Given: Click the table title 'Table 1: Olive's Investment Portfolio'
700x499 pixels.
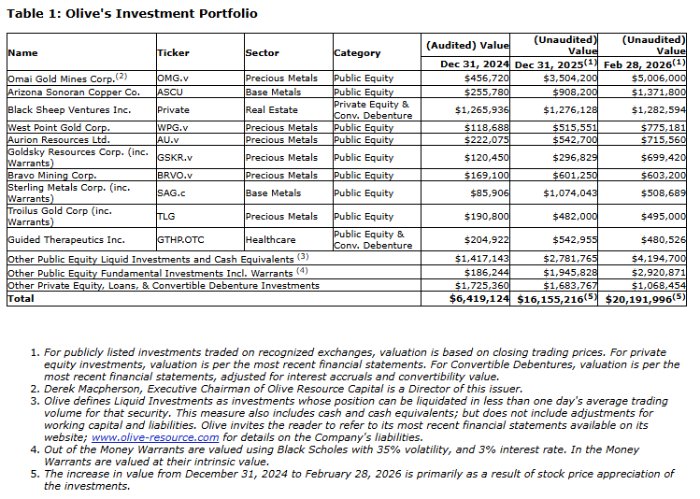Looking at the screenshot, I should pos(132,14).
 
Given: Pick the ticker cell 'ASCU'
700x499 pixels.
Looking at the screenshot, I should pos(169,93).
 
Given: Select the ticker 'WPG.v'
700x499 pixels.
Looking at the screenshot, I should pos(172,127).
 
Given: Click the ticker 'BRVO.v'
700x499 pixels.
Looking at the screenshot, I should pos(175,175).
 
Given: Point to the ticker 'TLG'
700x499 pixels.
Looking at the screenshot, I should pos(165,216).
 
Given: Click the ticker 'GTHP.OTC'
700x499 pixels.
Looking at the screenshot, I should pos(181,239).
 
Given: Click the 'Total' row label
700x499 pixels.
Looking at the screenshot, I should pos(20,298).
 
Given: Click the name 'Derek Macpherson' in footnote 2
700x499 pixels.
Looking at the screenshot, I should pos(79,388).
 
